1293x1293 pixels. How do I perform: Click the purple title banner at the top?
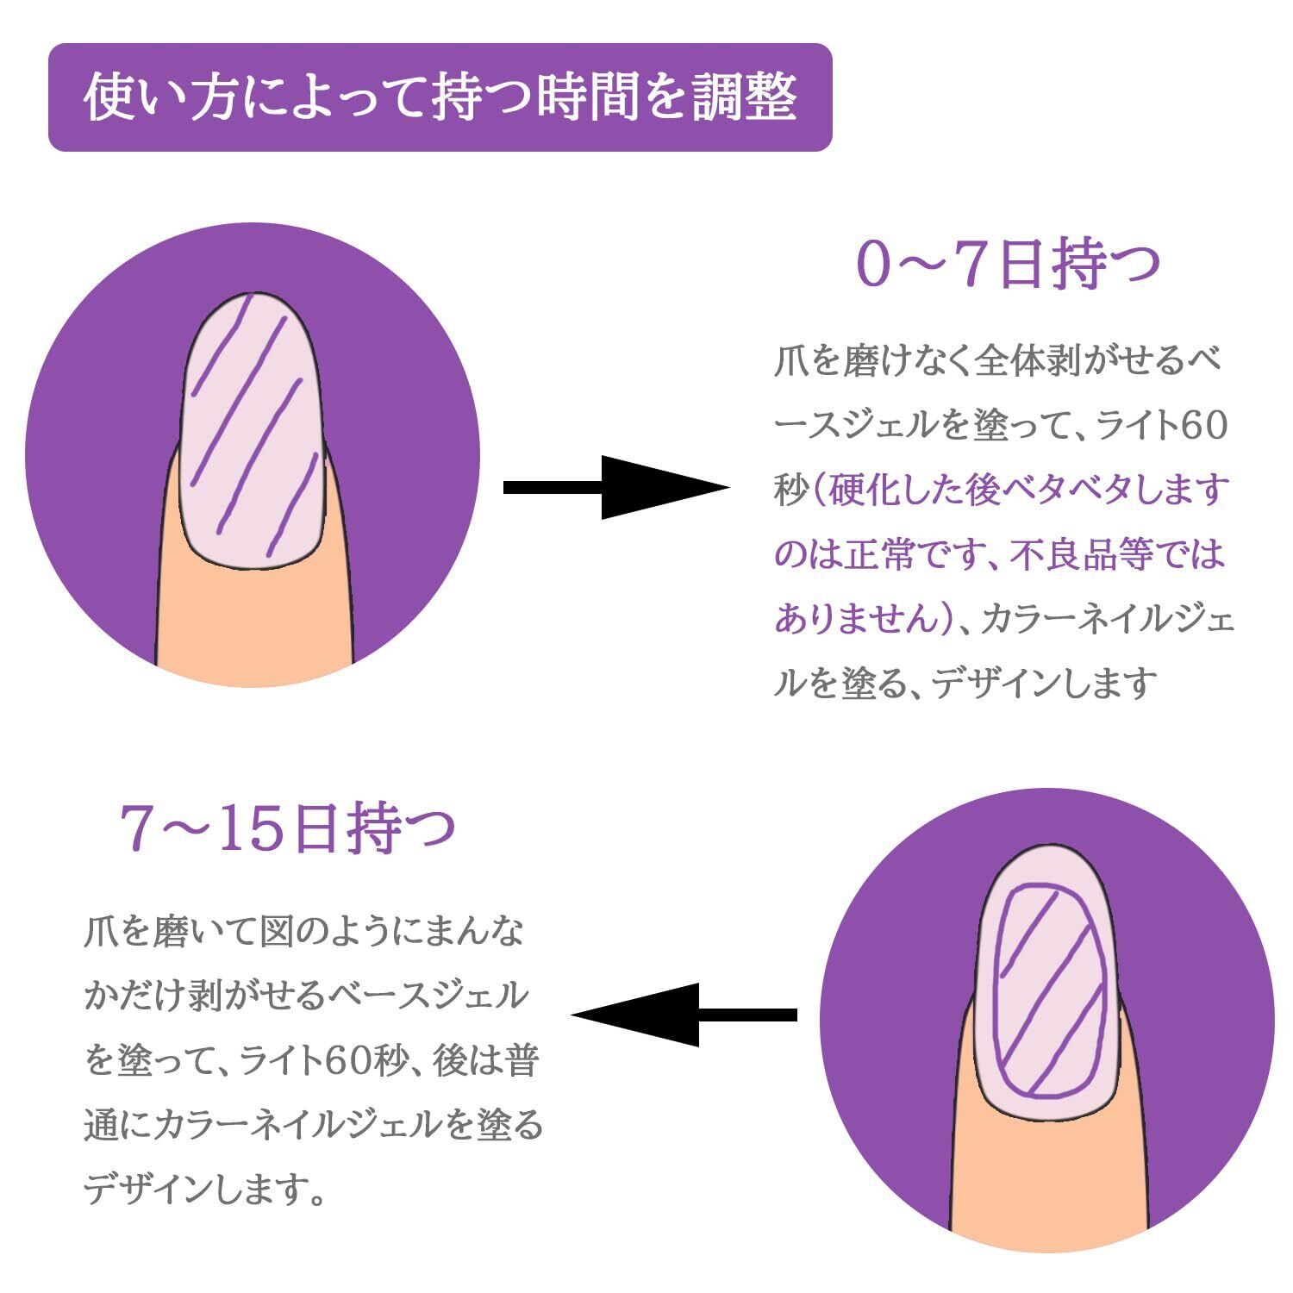(440, 97)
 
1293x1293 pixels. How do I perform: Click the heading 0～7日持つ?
(1008, 265)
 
